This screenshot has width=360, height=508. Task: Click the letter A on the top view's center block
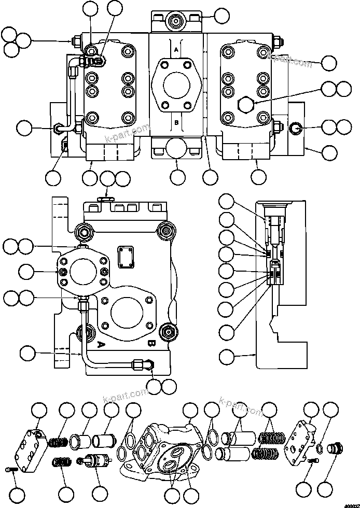tap(176, 49)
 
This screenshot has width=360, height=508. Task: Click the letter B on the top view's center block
tap(176, 123)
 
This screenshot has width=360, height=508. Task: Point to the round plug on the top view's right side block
tap(295, 126)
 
